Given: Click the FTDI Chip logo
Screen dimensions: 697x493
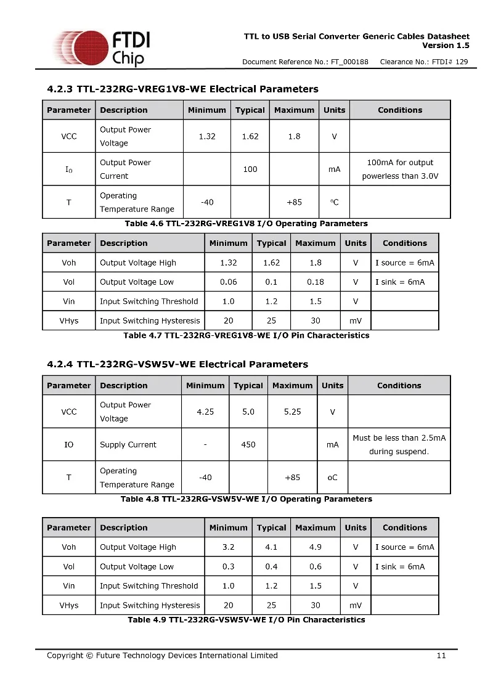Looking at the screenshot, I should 102,47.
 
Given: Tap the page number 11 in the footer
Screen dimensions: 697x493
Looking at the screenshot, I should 441,655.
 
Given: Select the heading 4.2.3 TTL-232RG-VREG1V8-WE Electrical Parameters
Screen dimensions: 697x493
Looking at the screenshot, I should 183,89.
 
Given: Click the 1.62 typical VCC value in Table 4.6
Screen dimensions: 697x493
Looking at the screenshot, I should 250,136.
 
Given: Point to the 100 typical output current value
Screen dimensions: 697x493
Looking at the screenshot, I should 250,169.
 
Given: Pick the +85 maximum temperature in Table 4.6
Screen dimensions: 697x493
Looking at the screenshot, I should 294,202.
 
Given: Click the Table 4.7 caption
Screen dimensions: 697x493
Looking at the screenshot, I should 246,335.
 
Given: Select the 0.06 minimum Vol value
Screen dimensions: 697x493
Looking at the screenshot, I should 228,282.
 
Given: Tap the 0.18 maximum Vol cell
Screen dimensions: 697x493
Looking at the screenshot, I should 316,282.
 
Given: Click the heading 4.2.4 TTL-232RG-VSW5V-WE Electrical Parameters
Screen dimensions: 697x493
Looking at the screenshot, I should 177,364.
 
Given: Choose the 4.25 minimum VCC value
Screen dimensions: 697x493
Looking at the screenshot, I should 205,412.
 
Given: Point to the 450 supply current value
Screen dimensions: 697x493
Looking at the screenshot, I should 248,444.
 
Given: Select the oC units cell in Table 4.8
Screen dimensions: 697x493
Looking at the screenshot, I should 332,478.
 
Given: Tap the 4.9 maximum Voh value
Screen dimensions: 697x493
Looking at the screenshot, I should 316,547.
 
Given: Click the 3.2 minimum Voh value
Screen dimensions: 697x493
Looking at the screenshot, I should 228,547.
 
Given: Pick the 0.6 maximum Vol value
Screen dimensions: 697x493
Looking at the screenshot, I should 316,566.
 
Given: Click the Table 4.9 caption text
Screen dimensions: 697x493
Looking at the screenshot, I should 246,619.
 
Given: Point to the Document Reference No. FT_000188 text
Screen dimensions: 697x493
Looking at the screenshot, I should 305,62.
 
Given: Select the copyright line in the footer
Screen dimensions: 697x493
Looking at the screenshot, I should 162,655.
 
